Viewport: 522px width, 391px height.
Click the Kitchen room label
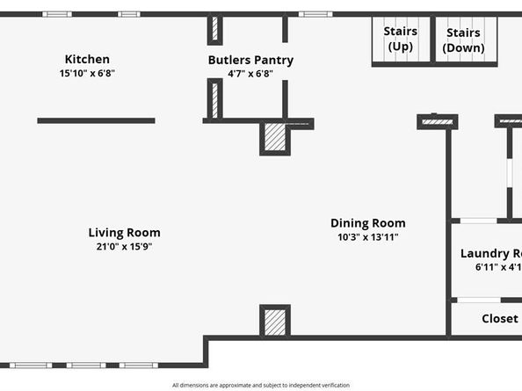(x=87, y=59)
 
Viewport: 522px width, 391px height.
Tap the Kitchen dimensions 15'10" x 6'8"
(x=87, y=74)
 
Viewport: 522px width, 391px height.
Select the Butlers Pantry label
(x=250, y=60)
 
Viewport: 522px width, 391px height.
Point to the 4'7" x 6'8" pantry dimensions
(x=250, y=74)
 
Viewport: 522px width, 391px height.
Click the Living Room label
(x=124, y=233)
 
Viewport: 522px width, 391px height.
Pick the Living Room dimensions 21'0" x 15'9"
(x=124, y=247)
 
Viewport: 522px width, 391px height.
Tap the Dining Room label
(x=367, y=223)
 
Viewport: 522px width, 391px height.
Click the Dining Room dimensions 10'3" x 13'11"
(x=367, y=237)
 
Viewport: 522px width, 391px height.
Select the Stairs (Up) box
(x=400, y=40)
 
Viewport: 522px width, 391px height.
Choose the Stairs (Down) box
(x=463, y=40)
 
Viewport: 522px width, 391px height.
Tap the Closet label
(x=499, y=319)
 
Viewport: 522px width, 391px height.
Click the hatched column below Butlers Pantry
(x=275, y=139)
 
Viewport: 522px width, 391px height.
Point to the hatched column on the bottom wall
(x=275, y=322)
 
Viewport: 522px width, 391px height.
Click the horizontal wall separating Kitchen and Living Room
(x=96, y=120)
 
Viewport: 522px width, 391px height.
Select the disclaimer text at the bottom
(x=261, y=385)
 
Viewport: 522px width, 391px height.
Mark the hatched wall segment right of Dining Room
(x=437, y=121)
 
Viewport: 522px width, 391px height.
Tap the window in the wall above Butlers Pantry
(x=315, y=14)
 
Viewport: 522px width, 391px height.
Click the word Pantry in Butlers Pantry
(x=273, y=60)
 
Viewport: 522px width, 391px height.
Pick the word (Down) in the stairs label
(x=463, y=47)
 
